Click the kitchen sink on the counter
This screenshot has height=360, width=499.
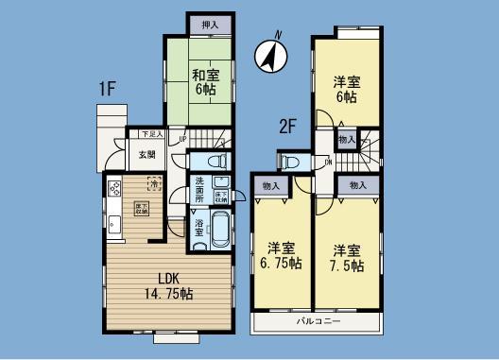click(x=113, y=224)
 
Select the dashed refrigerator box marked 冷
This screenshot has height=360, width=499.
click(x=153, y=185)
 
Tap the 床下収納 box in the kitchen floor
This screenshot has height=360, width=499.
click(x=140, y=211)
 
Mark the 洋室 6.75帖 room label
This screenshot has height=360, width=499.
click(x=282, y=257)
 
